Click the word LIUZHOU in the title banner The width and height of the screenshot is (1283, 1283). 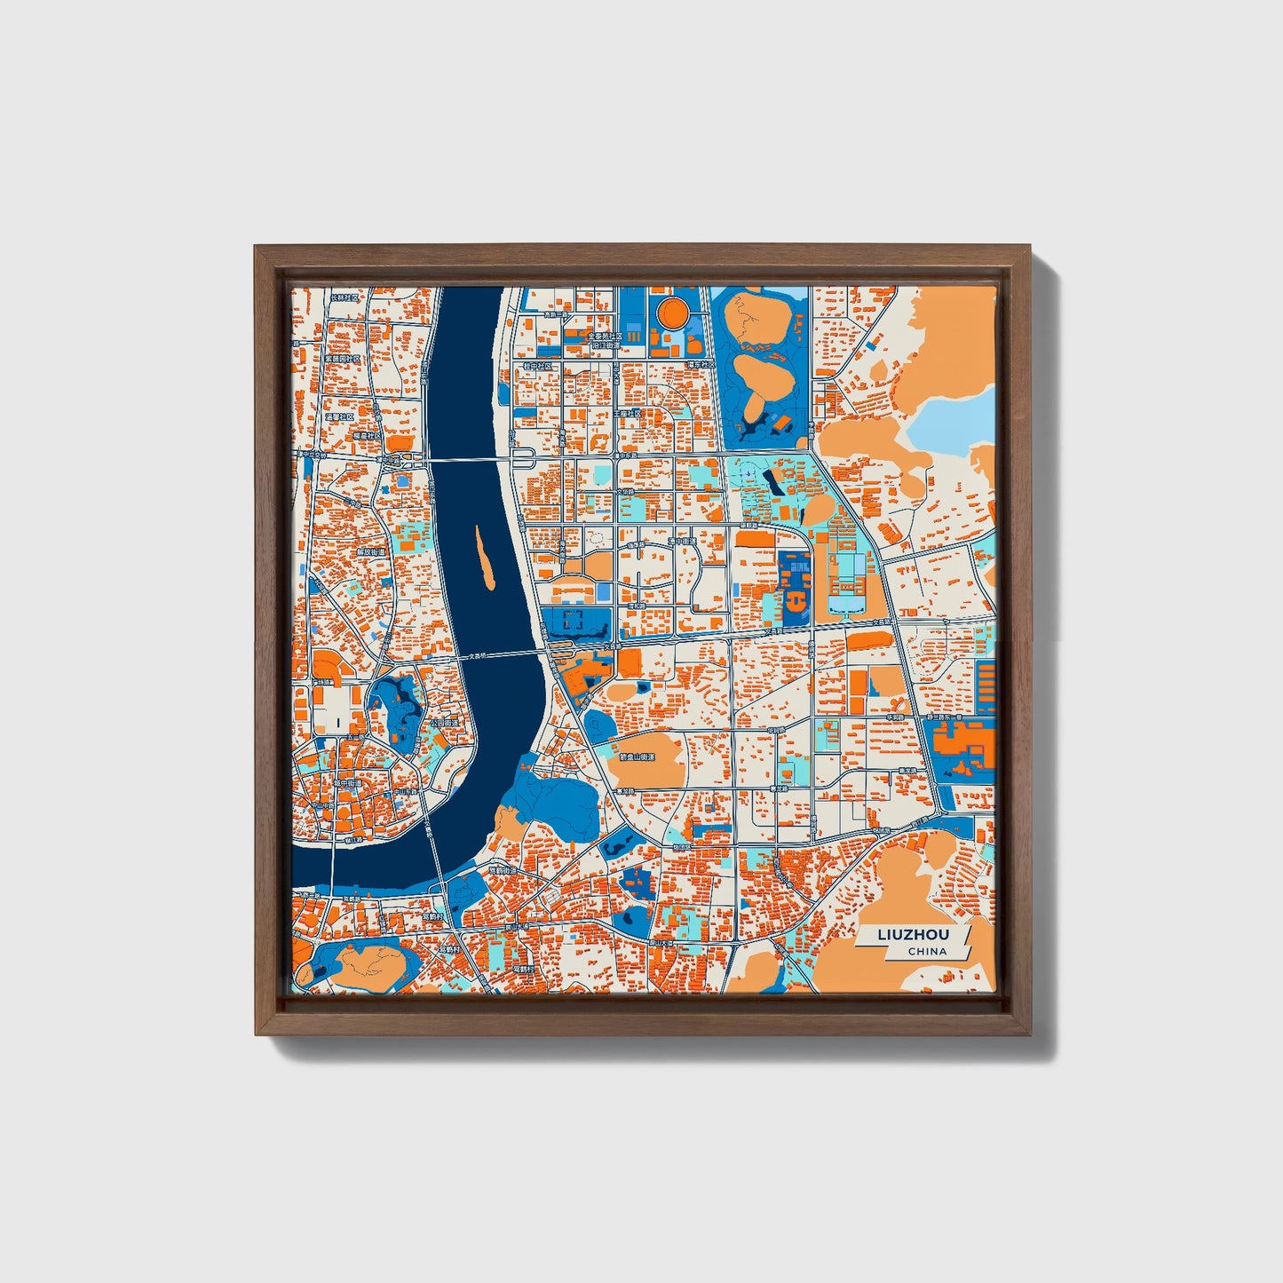tap(913, 935)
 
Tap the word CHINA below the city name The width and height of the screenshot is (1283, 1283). tap(927, 951)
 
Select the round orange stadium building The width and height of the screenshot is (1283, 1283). tap(670, 312)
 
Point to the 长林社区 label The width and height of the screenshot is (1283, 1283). tap(345, 297)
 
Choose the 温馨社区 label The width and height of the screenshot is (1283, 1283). tap(340, 416)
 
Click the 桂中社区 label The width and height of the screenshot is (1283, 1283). tap(537, 365)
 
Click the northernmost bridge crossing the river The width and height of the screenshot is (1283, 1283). tap(471, 459)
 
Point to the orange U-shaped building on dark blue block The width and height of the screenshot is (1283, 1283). tap(796, 595)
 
